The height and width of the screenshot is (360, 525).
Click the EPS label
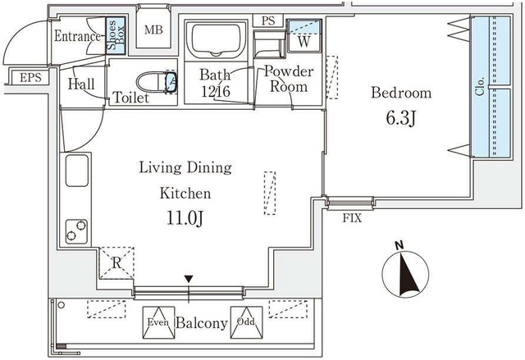click(30, 78)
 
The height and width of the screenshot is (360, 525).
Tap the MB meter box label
click(153, 30)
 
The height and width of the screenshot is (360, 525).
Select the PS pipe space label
click(268, 21)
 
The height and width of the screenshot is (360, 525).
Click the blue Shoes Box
click(116, 35)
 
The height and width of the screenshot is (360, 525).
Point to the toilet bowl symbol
click(157, 81)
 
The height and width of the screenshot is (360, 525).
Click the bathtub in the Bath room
click(216, 39)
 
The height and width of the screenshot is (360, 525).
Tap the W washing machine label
click(304, 42)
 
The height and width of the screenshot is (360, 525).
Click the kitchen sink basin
click(77, 171)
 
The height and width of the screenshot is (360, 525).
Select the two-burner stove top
click(76, 231)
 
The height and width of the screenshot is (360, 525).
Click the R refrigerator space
click(116, 263)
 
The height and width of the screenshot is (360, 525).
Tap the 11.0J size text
click(185, 218)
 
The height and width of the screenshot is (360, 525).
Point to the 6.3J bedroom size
click(401, 118)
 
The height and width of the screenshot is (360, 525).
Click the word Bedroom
click(401, 93)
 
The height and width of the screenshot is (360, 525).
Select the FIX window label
click(352, 218)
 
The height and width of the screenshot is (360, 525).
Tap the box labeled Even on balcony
click(158, 322)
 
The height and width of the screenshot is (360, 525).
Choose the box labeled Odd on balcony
click(246, 322)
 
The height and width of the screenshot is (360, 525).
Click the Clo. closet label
click(481, 87)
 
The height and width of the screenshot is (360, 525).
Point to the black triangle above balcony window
click(189, 278)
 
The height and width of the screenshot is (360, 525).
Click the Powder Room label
click(289, 79)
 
